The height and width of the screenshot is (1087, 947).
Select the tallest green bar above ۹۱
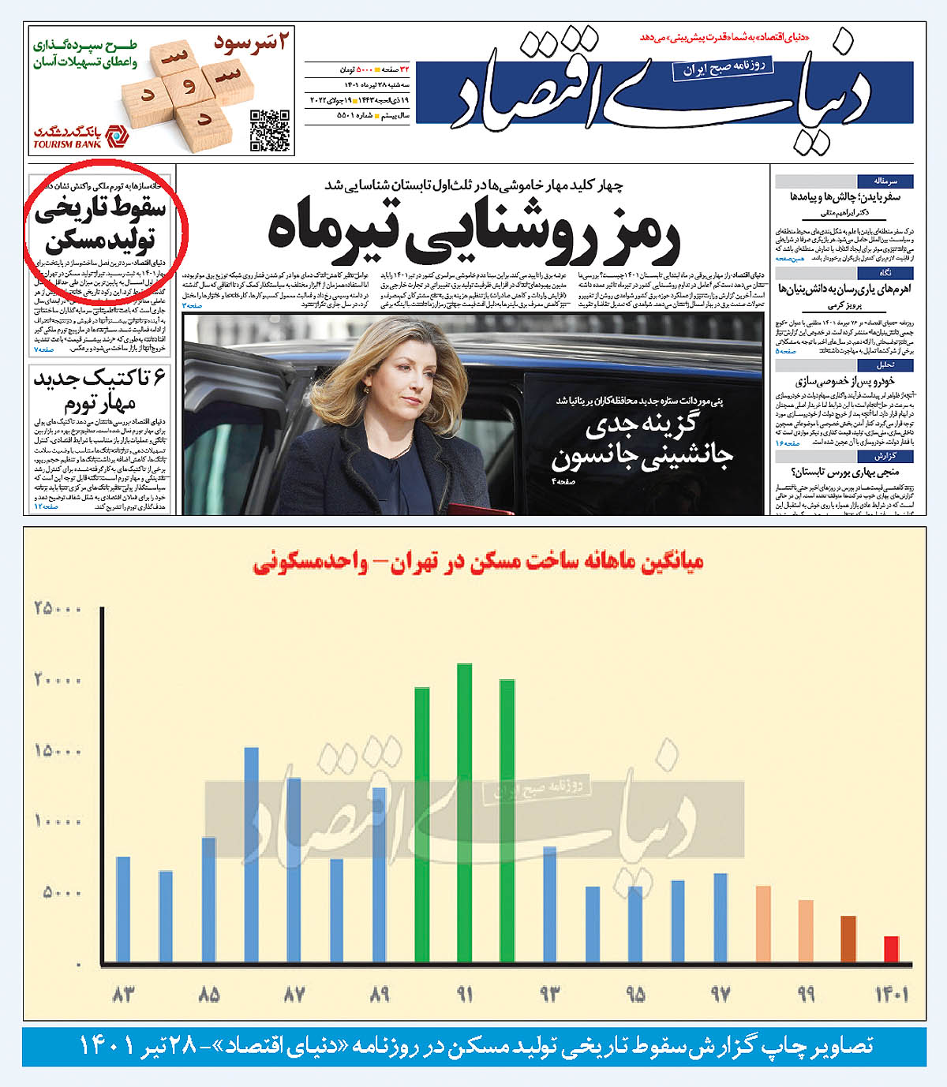click(464, 812)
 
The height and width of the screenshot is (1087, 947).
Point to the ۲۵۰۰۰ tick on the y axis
click(58, 609)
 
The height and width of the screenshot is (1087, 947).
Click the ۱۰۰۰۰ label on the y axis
click(58, 821)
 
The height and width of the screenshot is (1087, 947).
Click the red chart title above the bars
click(478, 562)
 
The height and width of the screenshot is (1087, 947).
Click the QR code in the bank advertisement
click(269, 130)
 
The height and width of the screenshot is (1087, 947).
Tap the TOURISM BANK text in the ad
click(67, 144)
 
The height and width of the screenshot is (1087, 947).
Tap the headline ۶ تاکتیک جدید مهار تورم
click(100, 391)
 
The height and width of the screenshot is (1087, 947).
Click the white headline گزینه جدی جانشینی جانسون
click(641, 440)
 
